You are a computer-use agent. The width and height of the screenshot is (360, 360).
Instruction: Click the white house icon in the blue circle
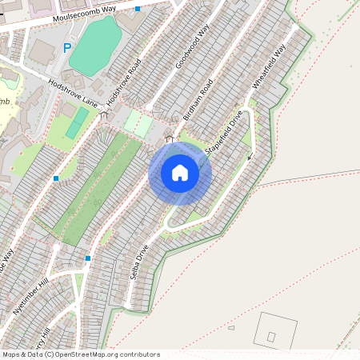(x=180, y=172)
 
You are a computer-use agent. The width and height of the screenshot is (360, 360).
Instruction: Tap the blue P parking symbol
(x=67, y=48)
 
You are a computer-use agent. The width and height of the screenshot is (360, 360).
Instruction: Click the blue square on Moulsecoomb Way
(x=138, y=9)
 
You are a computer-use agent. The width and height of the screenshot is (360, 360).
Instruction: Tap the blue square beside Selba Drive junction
(x=88, y=258)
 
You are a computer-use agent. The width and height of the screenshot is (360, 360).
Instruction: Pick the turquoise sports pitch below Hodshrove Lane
(x=78, y=123)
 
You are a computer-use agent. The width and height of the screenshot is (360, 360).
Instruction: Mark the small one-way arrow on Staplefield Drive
(x=249, y=157)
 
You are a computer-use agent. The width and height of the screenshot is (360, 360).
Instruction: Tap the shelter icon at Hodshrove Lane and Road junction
(x=104, y=114)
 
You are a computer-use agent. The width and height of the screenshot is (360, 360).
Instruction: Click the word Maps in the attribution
(x=11, y=354)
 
